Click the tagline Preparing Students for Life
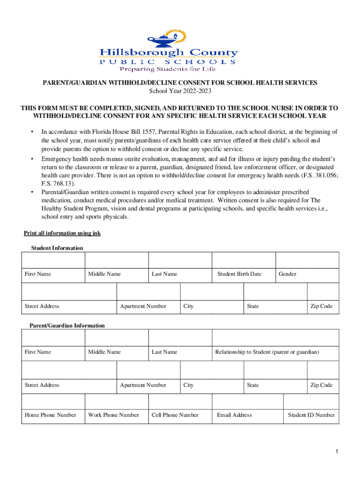point(168,69)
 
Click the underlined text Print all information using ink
point(62,233)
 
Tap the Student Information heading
point(57,248)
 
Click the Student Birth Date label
point(239,274)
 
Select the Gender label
point(288,274)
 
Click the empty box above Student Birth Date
point(244,261)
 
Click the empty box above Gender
point(307,261)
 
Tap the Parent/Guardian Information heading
point(67,326)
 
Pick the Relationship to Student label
point(267,352)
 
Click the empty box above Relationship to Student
point(275,338)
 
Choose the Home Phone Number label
point(50,415)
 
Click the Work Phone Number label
point(114,415)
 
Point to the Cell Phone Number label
point(175,415)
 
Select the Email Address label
point(234,415)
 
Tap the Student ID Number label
point(311,415)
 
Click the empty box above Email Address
point(247,402)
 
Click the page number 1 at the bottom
point(336,452)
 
